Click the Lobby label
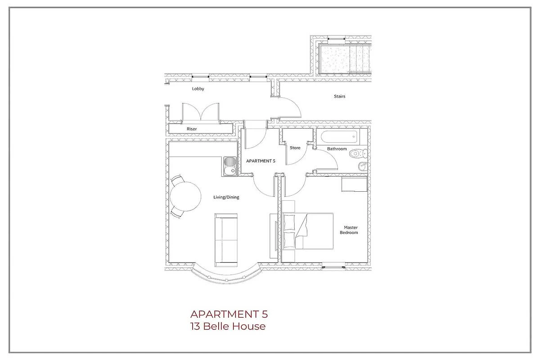click(x=198, y=89)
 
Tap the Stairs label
click(x=339, y=96)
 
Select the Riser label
click(x=192, y=129)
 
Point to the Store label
click(x=295, y=148)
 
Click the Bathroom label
click(x=337, y=149)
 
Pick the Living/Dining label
click(x=226, y=197)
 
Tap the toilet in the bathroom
click(x=358, y=153)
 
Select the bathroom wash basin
click(x=363, y=166)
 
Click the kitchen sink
click(x=230, y=166)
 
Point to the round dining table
click(x=185, y=197)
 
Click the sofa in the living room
click(x=226, y=240)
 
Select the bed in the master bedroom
click(x=308, y=231)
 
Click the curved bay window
click(x=227, y=277)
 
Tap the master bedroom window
click(x=333, y=267)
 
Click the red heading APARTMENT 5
click(x=229, y=314)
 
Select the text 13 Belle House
click(x=228, y=327)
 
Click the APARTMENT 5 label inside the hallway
click(x=261, y=161)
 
